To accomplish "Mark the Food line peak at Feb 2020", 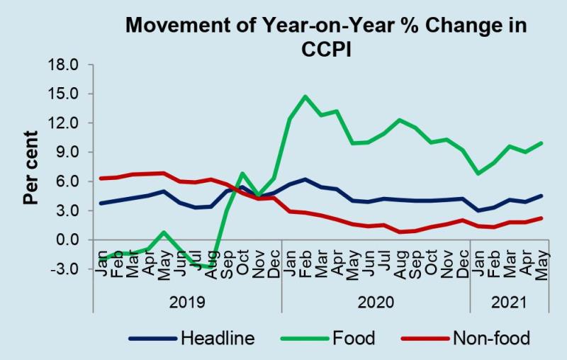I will coord(305,96).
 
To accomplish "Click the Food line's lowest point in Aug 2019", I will coord(210,267).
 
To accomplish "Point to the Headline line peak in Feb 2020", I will coord(305,179).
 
